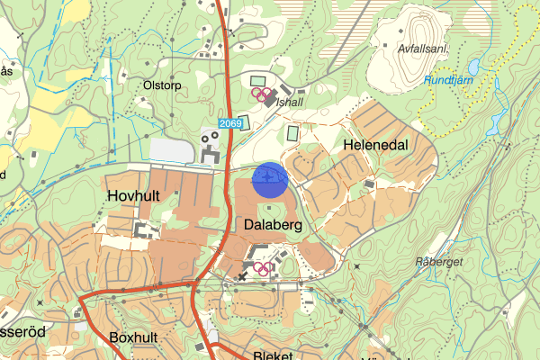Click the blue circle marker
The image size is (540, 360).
(269, 179)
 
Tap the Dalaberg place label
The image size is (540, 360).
(272, 225)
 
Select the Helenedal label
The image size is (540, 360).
(375, 144)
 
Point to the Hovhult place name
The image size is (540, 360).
(134, 194)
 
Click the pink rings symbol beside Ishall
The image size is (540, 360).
(261, 93)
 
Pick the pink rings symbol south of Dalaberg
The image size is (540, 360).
(263, 267)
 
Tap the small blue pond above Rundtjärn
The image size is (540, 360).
(471, 67)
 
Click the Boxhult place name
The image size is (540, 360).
(132, 337)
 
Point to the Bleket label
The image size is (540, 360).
(274, 355)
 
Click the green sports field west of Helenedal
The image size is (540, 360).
(293, 132)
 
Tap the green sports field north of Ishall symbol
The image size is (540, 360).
(258, 81)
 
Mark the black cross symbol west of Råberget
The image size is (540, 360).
(357, 266)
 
